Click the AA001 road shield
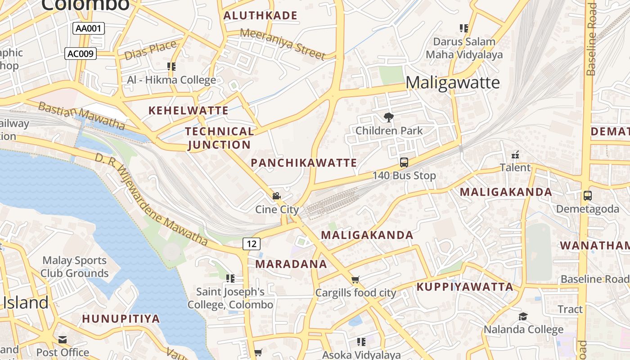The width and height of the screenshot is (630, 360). (89, 28)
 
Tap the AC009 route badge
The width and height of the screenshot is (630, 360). (81, 54)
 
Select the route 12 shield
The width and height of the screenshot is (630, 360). (252, 244)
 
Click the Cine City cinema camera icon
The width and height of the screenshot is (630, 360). (276, 196)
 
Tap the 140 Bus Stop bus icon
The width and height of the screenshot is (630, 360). (404, 162)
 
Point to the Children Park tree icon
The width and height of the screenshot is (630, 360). (388, 118)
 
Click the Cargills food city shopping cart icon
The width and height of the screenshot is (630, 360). (355, 280)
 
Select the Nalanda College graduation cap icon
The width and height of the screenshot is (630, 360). (523, 316)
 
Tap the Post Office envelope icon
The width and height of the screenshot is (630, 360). (63, 339)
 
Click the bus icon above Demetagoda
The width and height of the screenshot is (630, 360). (587, 196)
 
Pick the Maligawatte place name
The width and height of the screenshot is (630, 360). (452, 83)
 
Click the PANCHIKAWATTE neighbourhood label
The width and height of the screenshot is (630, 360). (304, 163)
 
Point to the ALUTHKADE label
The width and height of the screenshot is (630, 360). (261, 16)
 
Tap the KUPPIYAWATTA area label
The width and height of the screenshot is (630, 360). (464, 287)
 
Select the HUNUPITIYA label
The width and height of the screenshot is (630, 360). (121, 319)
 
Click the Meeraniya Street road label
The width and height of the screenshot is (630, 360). (282, 44)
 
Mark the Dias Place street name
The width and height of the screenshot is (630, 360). (150, 50)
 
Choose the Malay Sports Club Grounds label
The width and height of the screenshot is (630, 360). (75, 267)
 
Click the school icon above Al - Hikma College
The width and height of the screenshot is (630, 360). (171, 67)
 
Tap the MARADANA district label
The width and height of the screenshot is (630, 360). (291, 264)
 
